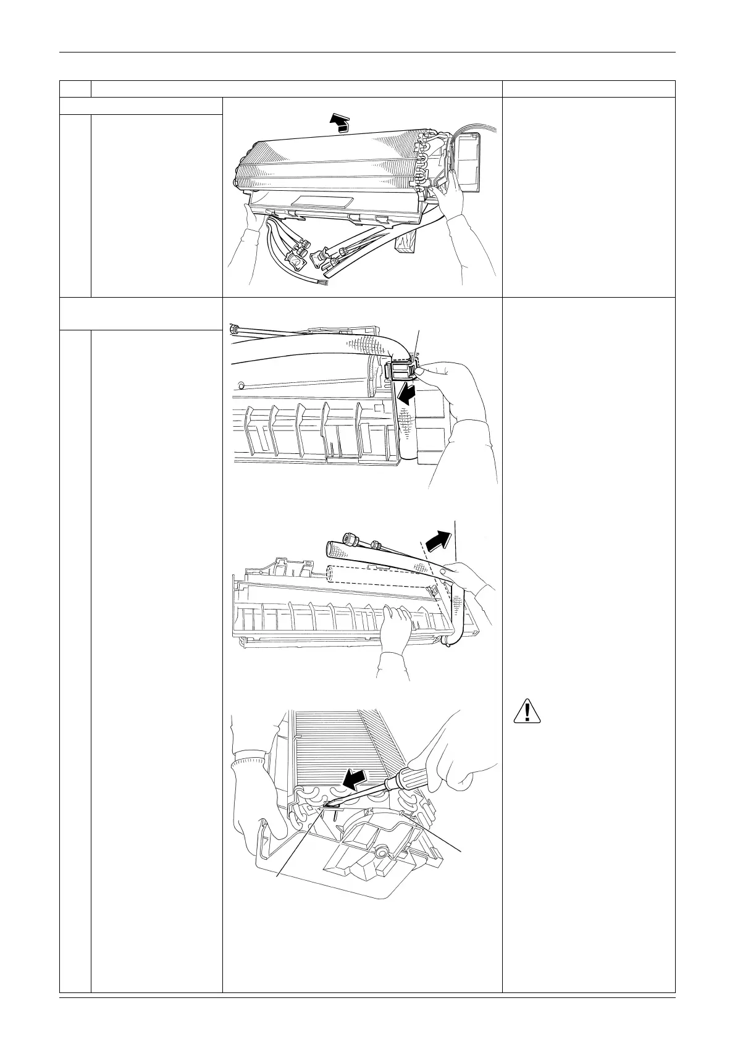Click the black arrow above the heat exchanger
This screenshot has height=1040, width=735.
point(337,124)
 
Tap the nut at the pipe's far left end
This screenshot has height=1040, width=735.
point(234,327)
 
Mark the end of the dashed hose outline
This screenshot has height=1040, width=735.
point(329,574)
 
